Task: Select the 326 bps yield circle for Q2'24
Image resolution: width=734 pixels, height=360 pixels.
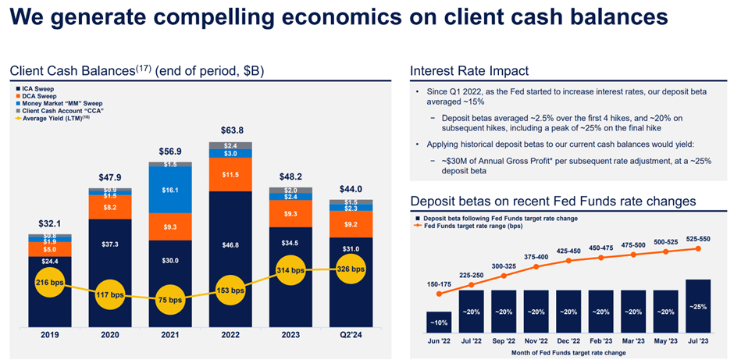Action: point(350,269)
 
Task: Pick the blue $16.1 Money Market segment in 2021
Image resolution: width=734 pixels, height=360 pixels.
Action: point(169,191)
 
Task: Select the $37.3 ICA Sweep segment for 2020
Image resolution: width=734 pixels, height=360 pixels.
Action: point(109,244)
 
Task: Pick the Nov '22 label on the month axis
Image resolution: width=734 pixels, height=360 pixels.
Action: point(536,341)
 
